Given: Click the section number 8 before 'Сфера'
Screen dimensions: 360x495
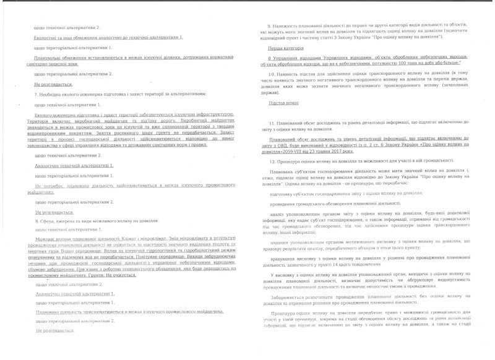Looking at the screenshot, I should [x=37, y=220].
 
